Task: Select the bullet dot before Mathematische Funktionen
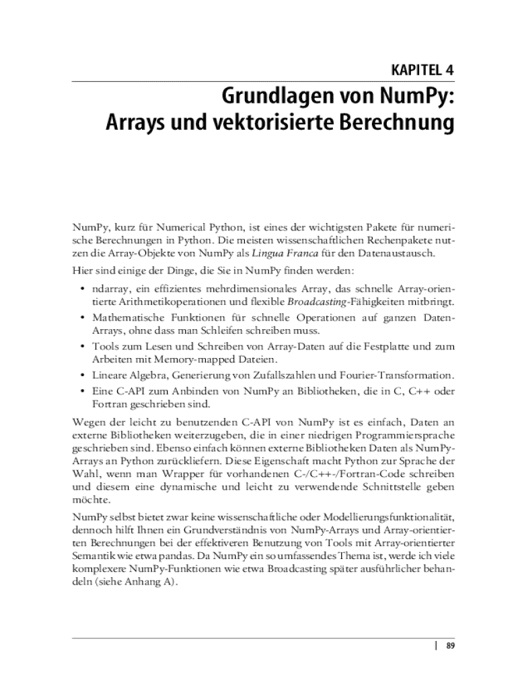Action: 81,316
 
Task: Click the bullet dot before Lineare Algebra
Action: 81,374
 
